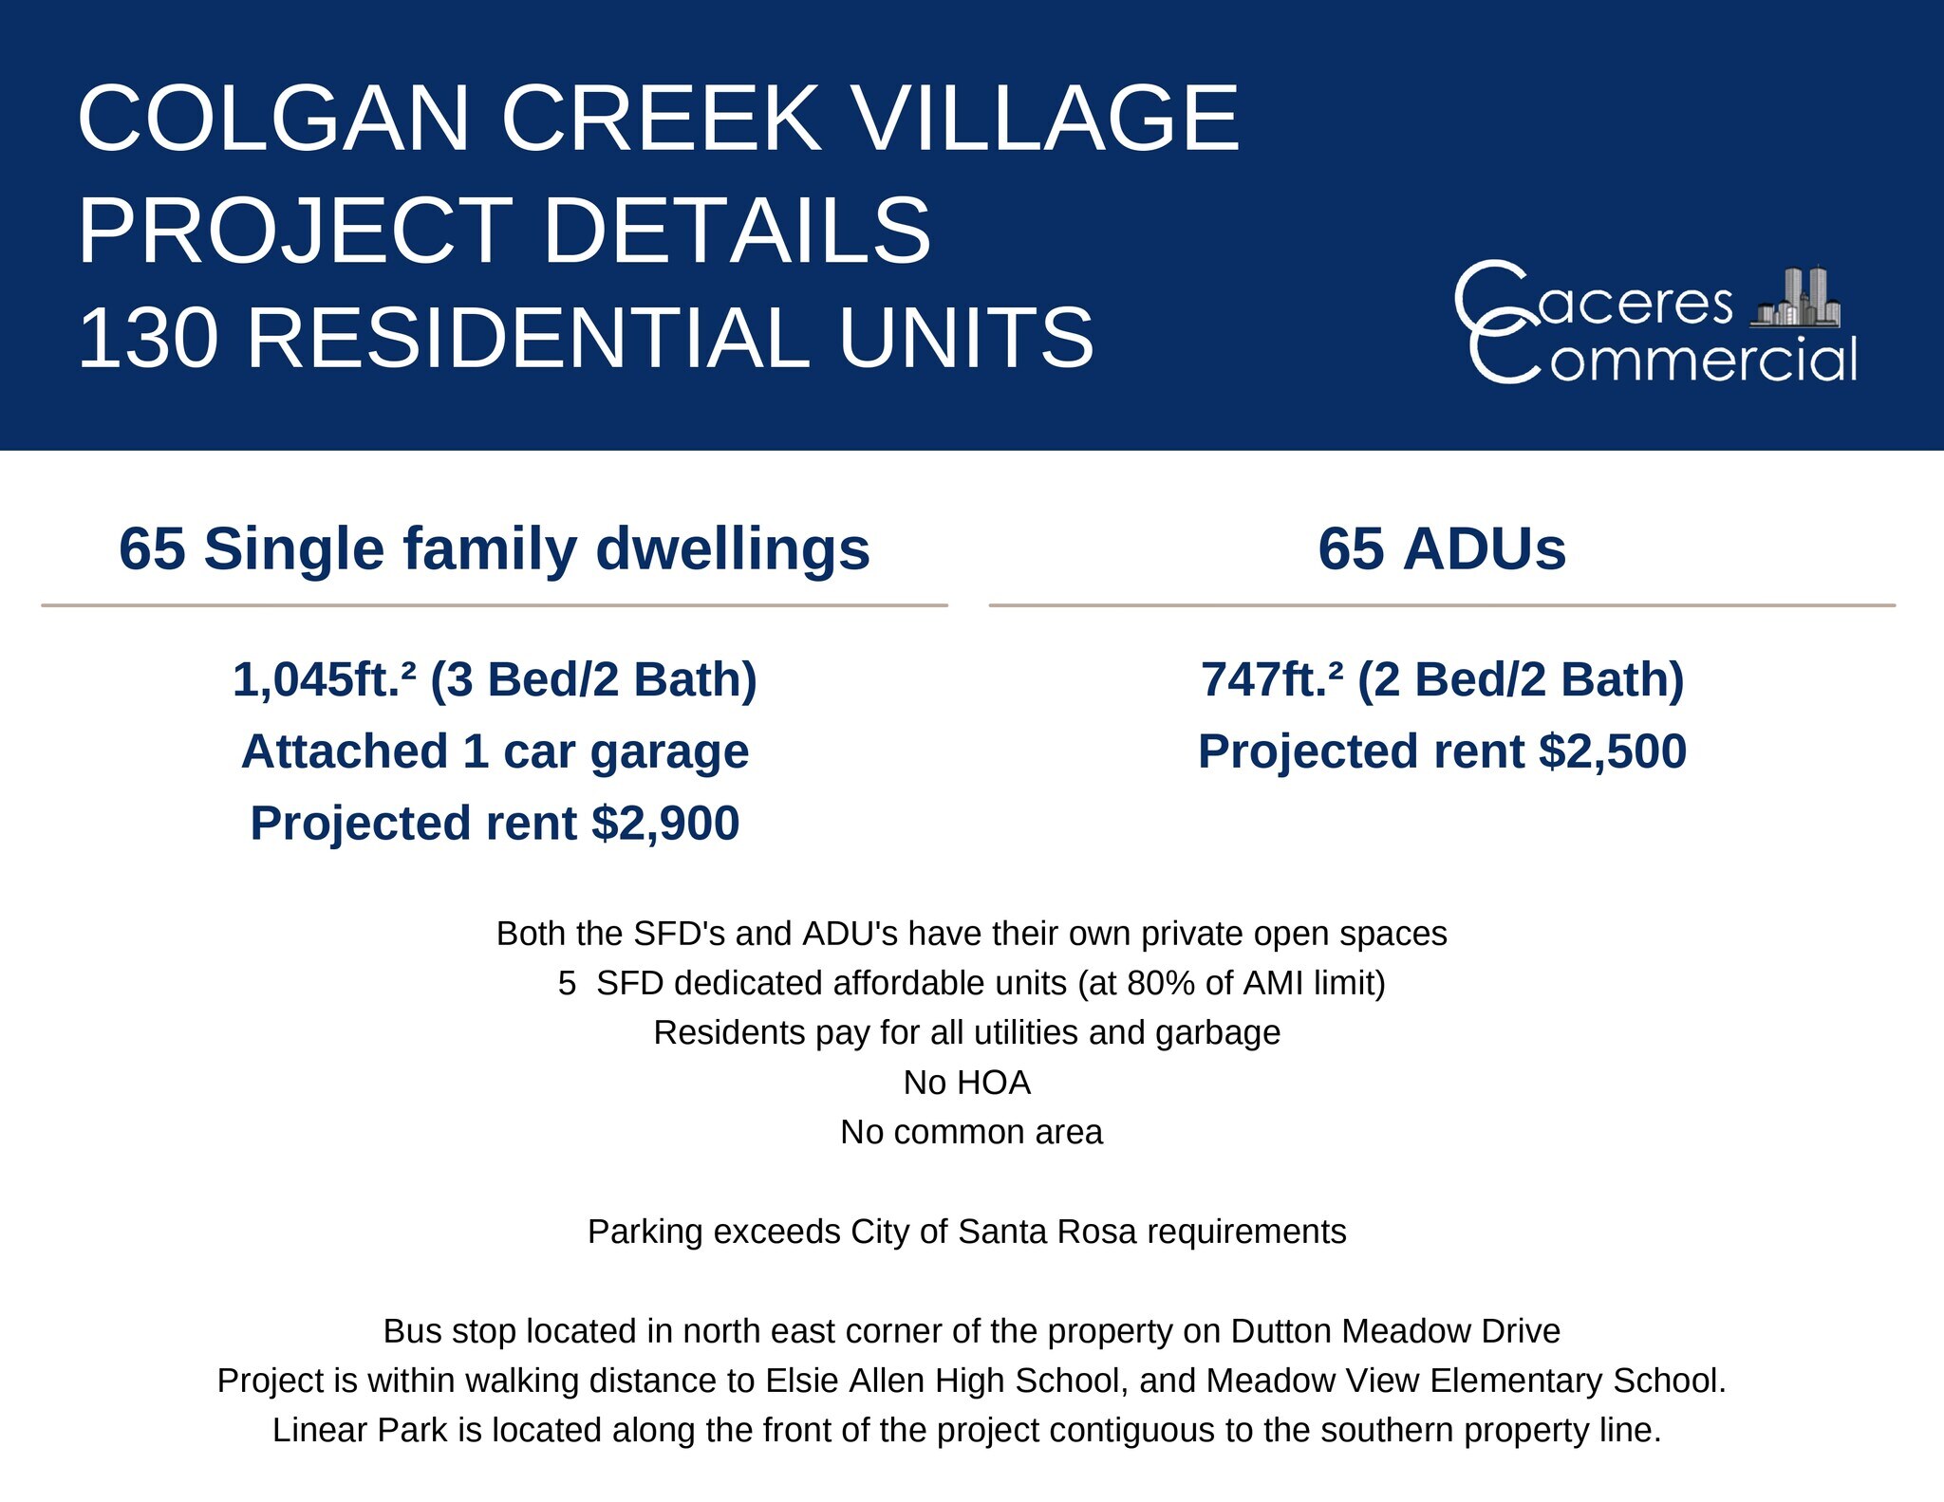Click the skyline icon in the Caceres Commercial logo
[x=1795, y=298]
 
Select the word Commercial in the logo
[x=1662, y=359]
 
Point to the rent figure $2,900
[x=664, y=823]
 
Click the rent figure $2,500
[x=1613, y=751]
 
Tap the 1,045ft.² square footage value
[x=325, y=680]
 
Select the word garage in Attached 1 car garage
[x=669, y=753]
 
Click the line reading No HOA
[x=967, y=1083]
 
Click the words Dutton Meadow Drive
[x=1395, y=1331]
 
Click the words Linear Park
[x=360, y=1430]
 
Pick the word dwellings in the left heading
[x=732, y=550]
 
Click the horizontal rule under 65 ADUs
[x=1442, y=604]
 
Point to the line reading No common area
[x=972, y=1132]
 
